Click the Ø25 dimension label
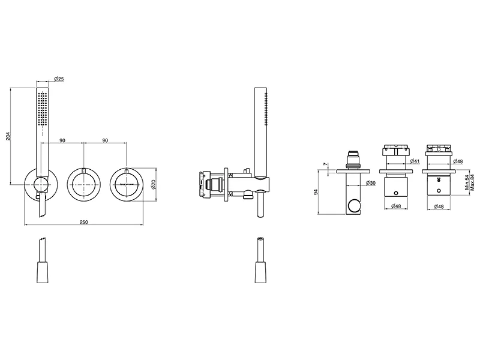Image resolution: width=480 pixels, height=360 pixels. (59, 79)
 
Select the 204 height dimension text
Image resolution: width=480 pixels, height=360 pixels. (8, 136)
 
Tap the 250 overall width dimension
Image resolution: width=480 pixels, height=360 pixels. (83, 222)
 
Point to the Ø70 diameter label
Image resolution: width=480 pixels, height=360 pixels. (154, 184)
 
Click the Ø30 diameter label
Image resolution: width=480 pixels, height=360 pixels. (371, 183)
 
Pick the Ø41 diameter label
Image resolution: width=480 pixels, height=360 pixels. (415, 161)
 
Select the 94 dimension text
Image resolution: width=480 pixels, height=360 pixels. (316, 192)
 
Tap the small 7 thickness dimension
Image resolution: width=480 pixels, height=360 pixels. (325, 164)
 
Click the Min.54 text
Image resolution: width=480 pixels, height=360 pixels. (467, 182)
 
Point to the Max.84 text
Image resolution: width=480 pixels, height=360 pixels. (472, 182)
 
